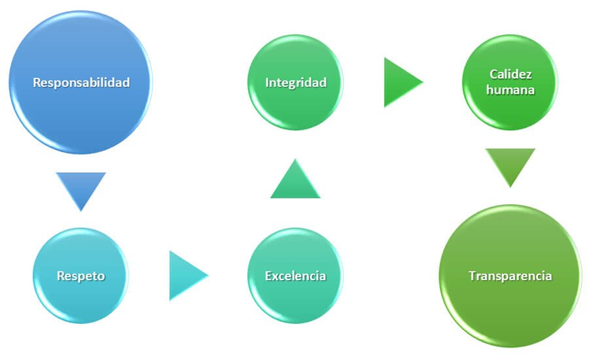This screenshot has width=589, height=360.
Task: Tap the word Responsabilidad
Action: tap(81, 82)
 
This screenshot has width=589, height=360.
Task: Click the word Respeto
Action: tap(81, 276)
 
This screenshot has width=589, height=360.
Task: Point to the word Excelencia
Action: tap(295, 276)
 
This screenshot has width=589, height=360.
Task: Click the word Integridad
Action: tap(295, 82)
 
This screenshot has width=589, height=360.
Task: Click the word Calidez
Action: tap(510, 75)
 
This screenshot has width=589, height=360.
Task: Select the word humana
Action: tap(510, 90)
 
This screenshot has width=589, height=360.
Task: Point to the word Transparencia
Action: tap(510, 276)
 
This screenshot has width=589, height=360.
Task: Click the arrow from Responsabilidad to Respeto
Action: tap(81, 187)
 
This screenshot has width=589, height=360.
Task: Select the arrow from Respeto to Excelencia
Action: tap(185, 276)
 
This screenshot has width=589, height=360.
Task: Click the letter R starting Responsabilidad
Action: tap(36, 82)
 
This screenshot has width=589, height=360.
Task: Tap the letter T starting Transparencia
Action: tap(471, 276)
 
